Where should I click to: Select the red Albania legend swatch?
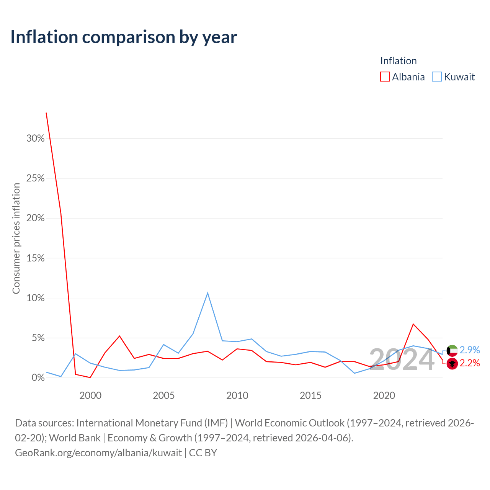point(385,77)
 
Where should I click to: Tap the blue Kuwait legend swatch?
point(437,77)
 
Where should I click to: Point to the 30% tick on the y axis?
point(35,138)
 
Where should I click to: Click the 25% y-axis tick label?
point(35,178)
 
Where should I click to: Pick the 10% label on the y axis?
point(35,298)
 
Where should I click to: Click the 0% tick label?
point(38,377)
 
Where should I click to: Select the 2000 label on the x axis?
point(90,396)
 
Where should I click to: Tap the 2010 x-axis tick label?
point(237,396)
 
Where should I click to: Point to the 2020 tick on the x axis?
point(384,396)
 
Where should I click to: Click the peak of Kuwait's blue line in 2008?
point(208,293)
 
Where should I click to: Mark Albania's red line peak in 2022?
point(413,324)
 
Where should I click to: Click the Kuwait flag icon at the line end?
point(452,351)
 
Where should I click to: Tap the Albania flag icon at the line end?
point(452,364)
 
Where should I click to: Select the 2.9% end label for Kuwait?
point(470,350)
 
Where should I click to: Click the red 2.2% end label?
point(470,363)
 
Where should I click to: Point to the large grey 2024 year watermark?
point(402,360)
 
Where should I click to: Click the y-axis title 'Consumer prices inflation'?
point(16,238)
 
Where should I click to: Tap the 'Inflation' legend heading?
point(399,61)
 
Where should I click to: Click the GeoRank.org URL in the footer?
point(98,453)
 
